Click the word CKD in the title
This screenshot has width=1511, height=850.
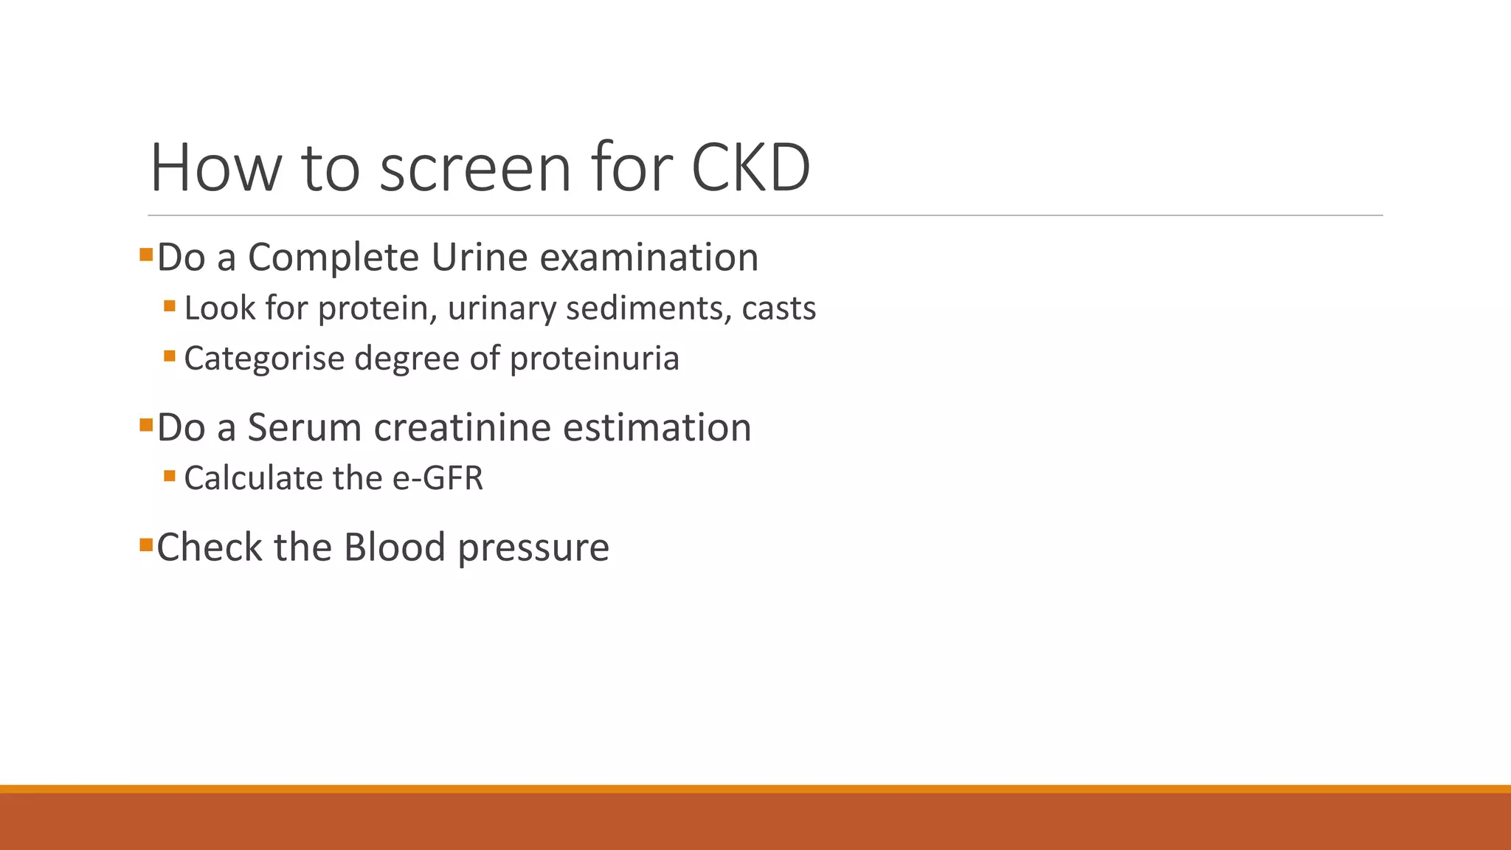coord(750,168)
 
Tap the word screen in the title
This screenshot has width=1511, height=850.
coord(475,168)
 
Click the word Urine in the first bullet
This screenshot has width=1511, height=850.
coord(480,258)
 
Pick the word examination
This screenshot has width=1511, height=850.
coord(649,258)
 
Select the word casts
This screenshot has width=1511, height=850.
coord(778,308)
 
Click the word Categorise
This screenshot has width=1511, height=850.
coord(264,359)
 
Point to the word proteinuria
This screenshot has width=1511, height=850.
coord(594,359)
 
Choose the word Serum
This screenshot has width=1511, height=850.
coord(305,428)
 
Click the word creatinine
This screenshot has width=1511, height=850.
coord(463,428)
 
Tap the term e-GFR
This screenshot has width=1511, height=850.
coord(438,478)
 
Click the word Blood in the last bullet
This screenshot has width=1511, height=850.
coord(395,547)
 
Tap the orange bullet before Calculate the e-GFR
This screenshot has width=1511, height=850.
coord(170,476)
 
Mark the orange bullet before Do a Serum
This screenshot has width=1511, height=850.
coord(145,425)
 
